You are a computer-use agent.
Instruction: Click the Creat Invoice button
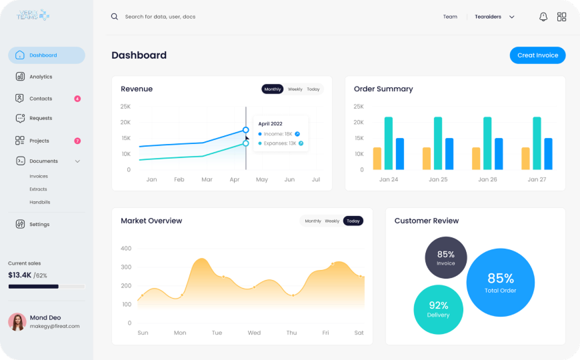537,55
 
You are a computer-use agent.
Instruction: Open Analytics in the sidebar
41,77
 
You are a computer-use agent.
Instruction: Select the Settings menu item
39,225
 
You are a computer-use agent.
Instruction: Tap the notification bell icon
543,17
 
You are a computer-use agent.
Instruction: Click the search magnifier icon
115,17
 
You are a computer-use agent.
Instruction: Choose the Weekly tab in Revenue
295,89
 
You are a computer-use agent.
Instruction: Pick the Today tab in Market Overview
353,221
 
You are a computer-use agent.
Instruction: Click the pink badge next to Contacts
77,99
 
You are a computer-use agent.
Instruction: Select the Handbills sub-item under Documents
39,202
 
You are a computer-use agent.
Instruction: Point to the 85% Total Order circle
500,281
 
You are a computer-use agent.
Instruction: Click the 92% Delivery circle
438,309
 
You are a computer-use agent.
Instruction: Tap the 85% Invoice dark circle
446,257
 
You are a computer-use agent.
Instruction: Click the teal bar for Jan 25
438,143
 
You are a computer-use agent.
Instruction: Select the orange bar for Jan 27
525,158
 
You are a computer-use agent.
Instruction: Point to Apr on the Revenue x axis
234,180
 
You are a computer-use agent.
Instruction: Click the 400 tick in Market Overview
126,249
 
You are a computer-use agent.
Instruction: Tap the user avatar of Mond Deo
17,322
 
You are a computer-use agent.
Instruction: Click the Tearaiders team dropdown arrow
512,17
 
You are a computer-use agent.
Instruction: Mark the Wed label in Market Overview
254,333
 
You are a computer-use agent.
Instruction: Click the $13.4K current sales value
19,275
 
